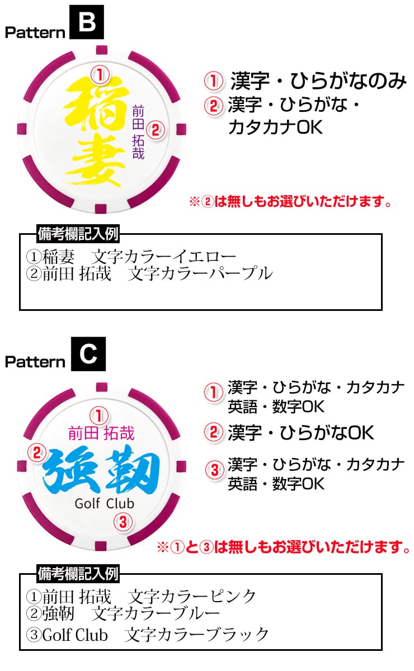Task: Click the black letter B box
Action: click(86, 22)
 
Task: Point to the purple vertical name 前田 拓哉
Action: click(138, 132)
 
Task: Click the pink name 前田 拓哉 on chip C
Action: click(101, 433)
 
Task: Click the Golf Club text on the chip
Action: click(105, 503)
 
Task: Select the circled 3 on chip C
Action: click(123, 523)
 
